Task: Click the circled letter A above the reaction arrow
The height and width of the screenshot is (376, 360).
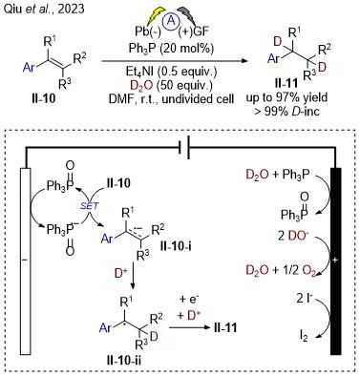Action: tap(172, 22)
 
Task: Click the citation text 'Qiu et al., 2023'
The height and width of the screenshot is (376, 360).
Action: tap(44, 9)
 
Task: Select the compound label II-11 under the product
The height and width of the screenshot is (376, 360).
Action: tap(286, 84)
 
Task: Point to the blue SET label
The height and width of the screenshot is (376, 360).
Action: tap(89, 206)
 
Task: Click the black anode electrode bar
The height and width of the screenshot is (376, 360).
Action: tap(335, 261)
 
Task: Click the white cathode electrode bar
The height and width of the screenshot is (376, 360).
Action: tap(26, 261)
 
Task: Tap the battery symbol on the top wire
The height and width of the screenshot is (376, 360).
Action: tap(184, 147)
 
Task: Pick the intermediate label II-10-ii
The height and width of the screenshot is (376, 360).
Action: tap(124, 361)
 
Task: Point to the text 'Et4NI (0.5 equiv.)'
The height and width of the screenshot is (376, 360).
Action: tap(172, 72)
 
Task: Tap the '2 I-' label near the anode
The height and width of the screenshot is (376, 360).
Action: tap(305, 300)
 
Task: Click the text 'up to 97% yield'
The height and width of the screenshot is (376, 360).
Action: tap(286, 97)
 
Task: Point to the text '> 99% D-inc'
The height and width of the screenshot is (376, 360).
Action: tap(286, 111)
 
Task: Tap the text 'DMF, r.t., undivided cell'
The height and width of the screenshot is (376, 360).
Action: tap(172, 99)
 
